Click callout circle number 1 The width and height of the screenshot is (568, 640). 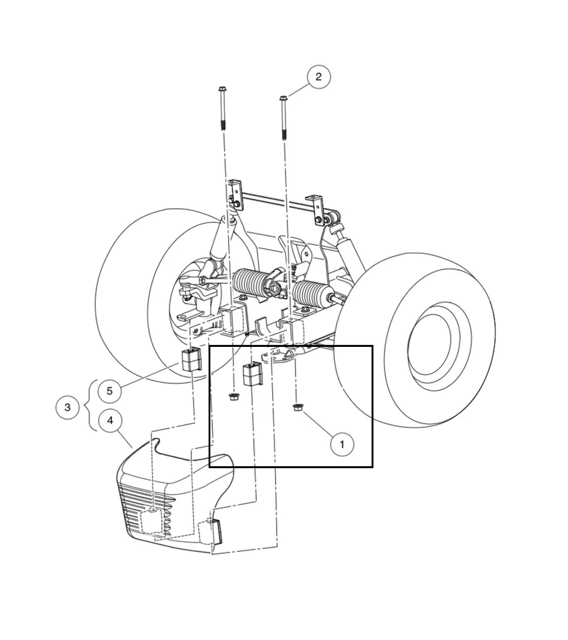pos(342,444)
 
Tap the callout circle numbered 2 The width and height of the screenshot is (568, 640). pos(318,77)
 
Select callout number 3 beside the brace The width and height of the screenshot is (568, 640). pos(68,407)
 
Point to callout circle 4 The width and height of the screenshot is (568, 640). pos(110,420)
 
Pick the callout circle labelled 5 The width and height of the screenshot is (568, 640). pos(109,391)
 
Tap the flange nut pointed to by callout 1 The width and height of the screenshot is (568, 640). pos(298,409)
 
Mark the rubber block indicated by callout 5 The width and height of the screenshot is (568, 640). pos(190,359)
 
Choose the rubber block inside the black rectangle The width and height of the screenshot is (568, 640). pos(251,374)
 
